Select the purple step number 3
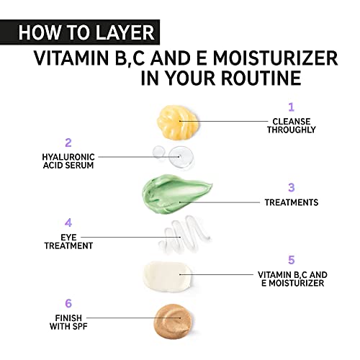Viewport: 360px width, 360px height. click(291, 187)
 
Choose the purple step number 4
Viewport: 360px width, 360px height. click(68, 222)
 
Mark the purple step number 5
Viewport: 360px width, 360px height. click(292, 259)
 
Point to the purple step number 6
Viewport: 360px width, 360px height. click(68, 303)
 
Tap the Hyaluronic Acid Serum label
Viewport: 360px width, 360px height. click(68, 160)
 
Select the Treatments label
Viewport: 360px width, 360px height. click(291, 203)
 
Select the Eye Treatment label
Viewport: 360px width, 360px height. click(68, 240)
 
